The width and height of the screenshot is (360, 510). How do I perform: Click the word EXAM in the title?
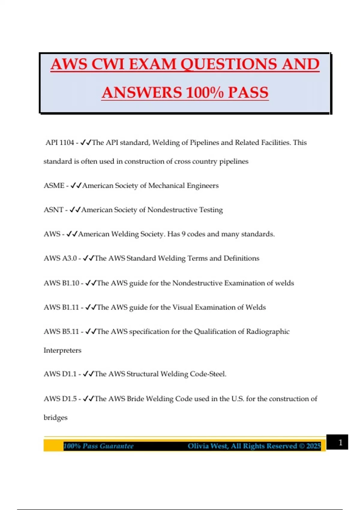pyautogui.click(x=152, y=64)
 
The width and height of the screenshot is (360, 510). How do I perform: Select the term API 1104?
pyautogui.click(x=60, y=142)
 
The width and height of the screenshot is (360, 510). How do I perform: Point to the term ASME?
pyautogui.click(x=54, y=186)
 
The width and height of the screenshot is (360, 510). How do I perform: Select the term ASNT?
pyautogui.click(x=53, y=210)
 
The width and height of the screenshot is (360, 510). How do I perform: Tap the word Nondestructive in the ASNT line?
pyautogui.click(x=172, y=210)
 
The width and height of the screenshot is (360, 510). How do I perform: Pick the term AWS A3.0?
pyautogui.click(x=60, y=258)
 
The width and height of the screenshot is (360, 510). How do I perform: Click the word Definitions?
pyautogui.click(x=241, y=258)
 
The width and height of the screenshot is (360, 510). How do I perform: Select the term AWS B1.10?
pyautogui.click(x=61, y=283)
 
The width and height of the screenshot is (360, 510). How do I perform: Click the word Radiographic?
pyautogui.click(x=268, y=331)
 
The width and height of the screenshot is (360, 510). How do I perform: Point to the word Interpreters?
pyautogui.click(x=62, y=350)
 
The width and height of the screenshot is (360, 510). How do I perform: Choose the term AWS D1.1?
pyautogui.click(x=60, y=374)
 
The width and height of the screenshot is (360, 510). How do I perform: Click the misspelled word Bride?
pyautogui.click(x=135, y=399)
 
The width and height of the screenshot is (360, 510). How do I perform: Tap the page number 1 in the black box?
pyautogui.click(x=340, y=442)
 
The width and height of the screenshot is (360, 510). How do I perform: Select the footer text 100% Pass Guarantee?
pyautogui.click(x=98, y=446)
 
